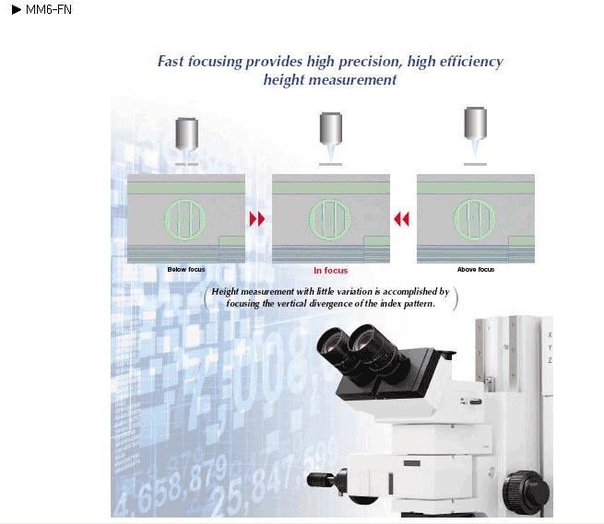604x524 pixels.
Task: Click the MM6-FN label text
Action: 49,9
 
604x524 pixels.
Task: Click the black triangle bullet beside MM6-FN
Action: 17,9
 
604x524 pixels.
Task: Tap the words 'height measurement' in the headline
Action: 330,79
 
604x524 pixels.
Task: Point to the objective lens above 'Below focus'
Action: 187,133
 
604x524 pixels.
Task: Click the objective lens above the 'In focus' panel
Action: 331,129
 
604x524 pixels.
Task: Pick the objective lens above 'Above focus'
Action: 475,123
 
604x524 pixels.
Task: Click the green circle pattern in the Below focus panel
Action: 185,219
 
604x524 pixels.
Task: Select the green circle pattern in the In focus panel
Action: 329,220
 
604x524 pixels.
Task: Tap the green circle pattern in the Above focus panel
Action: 474,220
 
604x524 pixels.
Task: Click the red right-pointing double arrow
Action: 257,219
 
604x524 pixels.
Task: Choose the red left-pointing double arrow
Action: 401,219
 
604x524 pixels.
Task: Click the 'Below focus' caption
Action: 186,269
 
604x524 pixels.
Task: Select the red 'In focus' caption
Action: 330,271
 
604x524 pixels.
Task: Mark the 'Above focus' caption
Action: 476,269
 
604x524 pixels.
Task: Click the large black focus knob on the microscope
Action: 526,493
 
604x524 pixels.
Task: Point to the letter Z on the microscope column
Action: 551,360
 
